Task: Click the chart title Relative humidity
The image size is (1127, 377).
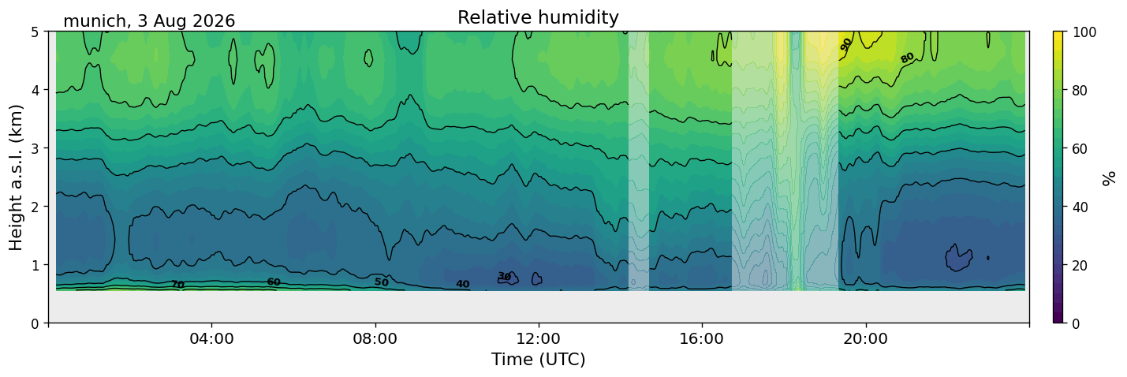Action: (x=538, y=17)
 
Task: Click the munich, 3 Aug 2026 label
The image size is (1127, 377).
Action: (x=149, y=21)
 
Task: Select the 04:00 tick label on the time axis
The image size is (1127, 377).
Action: (x=212, y=338)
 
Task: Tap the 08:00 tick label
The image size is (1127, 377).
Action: (x=375, y=338)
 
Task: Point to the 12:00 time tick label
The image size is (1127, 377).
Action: (x=539, y=338)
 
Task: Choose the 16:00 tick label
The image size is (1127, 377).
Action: (x=702, y=338)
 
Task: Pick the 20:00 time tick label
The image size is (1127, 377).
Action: (x=865, y=338)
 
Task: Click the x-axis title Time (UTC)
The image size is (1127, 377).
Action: (x=539, y=360)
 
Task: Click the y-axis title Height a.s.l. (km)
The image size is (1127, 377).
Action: (x=16, y=177)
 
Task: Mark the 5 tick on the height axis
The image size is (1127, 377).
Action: (x=35, y=32)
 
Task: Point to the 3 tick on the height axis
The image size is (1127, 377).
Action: (x=35, y=148)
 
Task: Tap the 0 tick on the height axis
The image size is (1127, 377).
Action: (x=35, y=323)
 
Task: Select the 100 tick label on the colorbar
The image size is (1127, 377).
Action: (x=1084, y=32)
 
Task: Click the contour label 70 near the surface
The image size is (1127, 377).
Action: (x=177, y=285)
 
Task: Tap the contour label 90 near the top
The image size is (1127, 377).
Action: (x=845, y=44)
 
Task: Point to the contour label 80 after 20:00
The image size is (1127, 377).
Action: (x=907, y=58)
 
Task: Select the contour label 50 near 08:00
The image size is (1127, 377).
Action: (x=382, y=282)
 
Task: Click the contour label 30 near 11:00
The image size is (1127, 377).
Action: (x=504, y=276)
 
